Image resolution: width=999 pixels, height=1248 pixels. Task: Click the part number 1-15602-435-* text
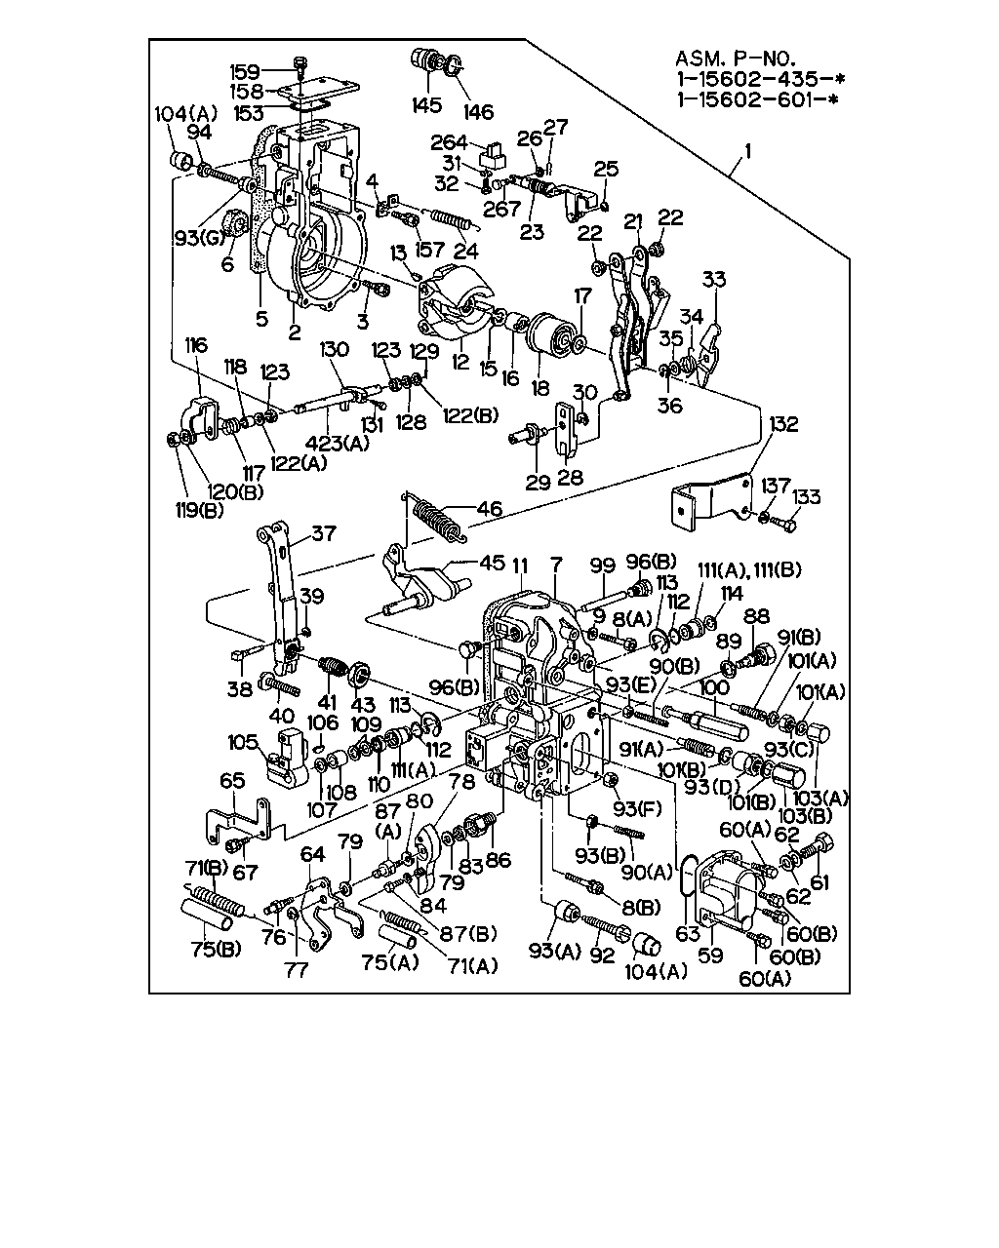pyautogui.click(x=760, y=79)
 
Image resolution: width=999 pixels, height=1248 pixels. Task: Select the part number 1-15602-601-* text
pyautogui.click(x=758, y=99)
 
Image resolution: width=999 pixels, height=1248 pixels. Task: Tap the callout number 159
pyautogui.click(x=244, y=72)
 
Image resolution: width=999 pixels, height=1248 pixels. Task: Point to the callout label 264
pyautogui.click(x=449, y=142)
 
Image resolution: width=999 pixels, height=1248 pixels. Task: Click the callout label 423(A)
pyautogui.click(x=338, y=444)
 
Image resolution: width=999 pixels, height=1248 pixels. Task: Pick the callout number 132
pyautogui.click(x=783, y=424)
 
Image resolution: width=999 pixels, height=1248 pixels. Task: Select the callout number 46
pyautogui.click(x=490, y=509)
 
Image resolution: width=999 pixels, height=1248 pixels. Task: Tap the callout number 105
pyautogui.click(x=243, y=742)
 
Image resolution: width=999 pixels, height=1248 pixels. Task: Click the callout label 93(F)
pyautogui.click(x=637, y=808)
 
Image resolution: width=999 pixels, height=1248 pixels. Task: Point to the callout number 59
pyautogui.click(x=710, y=955)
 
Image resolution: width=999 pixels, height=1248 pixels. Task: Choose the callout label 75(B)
pyautogui.click(x=216, y=950)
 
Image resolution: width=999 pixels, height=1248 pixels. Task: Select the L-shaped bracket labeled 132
pyautogui.click(x=712, y=500)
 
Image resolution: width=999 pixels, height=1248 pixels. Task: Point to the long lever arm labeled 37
pyautogui.click(x=280, y=598)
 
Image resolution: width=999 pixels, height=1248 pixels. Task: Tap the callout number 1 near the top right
pyautogui.click(x=748, y=151)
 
